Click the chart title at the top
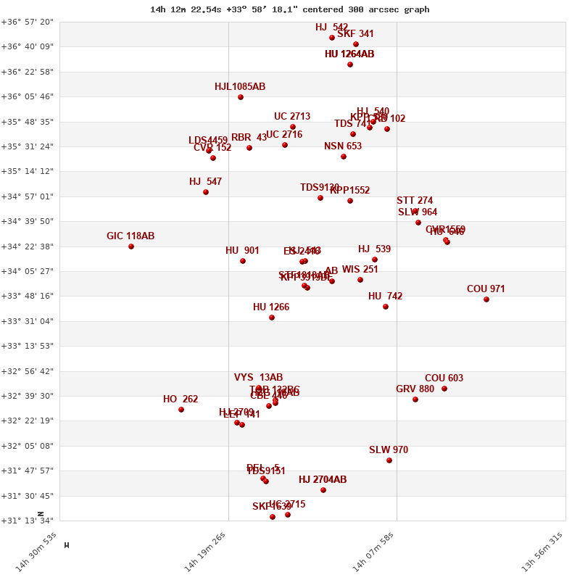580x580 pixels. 289,9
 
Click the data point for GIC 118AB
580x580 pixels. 131,246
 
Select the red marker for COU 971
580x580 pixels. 486,299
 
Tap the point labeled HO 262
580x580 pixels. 181,410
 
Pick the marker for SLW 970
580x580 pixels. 389,460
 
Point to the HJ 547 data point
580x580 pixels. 206,192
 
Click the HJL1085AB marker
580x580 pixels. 241,97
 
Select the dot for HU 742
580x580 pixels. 386,307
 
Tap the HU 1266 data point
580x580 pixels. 272,318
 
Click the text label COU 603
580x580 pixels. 444,378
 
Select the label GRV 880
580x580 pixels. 415,389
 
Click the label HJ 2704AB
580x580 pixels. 323,480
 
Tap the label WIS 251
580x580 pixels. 360,270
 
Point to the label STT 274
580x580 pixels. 415,201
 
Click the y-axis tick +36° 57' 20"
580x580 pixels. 27,22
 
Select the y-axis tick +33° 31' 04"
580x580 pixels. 27,321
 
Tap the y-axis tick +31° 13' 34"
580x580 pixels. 27,521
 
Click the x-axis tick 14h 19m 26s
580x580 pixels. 206,552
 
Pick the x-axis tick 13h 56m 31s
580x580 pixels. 542,552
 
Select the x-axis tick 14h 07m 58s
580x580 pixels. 374,552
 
